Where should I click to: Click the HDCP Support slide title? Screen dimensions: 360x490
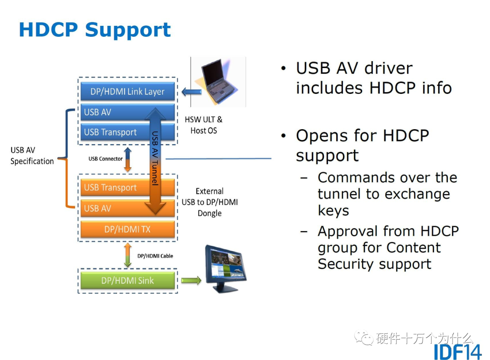(94, 29)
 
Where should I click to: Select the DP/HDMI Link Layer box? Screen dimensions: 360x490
(127, 92)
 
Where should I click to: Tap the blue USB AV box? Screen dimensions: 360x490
(113, 112)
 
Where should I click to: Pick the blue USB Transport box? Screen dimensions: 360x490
(113, 132)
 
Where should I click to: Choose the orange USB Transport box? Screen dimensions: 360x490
(113, 187)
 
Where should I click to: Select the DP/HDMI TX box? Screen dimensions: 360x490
(127, 229)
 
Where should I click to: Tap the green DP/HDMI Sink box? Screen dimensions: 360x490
(127, 281)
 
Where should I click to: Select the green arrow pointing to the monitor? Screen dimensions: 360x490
(191, 281)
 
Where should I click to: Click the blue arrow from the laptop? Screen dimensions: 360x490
(190, 92)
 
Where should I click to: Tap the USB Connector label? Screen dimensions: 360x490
(105, 159)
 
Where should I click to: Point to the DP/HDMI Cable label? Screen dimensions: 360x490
(155, 256)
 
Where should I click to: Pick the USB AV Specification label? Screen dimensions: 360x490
(32, 156)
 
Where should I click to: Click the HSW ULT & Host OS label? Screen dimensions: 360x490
(204, 125)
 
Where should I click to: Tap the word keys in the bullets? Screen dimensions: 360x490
(333, 211)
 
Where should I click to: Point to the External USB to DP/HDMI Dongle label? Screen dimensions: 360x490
(210, 202)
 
